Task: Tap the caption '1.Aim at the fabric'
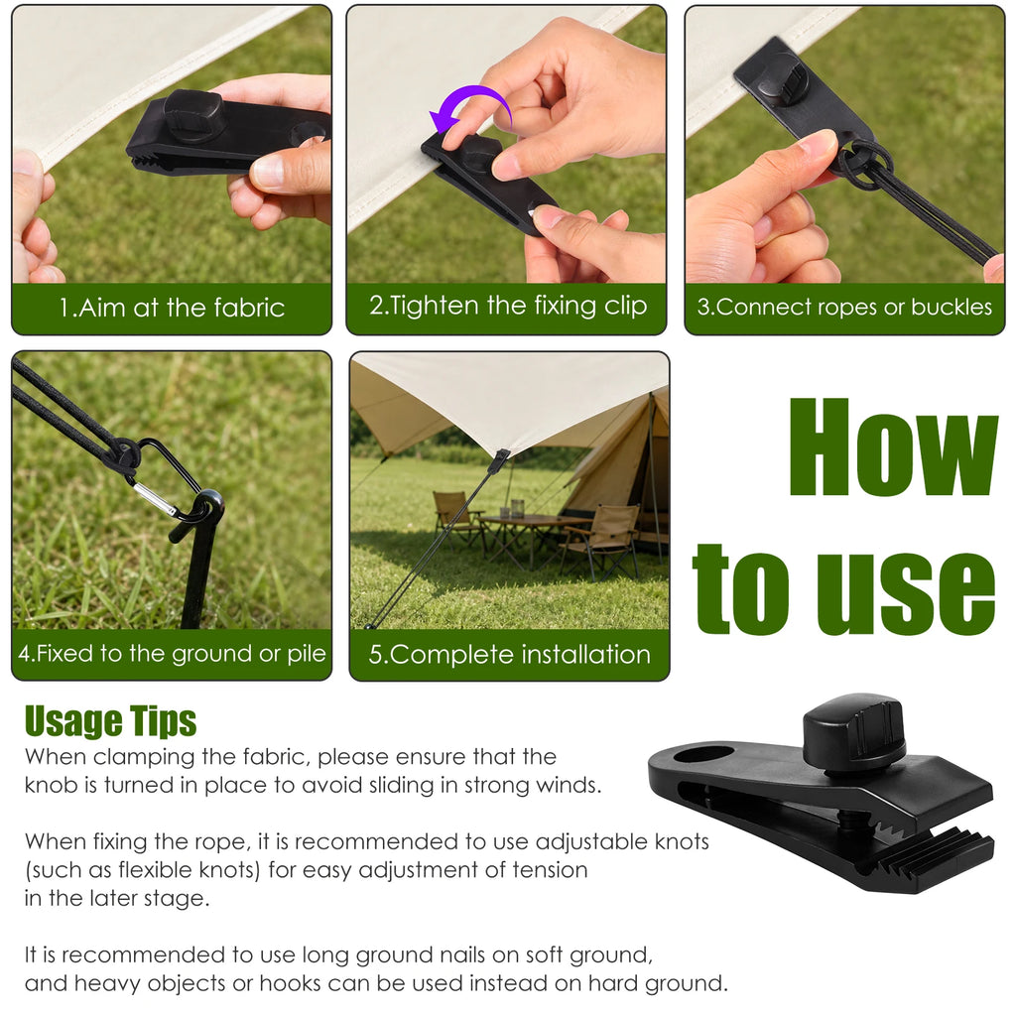point(172,308)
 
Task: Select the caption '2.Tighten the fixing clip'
point(508,306)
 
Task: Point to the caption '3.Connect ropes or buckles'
point(844,307)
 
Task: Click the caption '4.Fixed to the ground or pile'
point(172,653)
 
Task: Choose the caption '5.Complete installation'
point(509,655)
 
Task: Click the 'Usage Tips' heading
point(110,721)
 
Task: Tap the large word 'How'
point(894,447)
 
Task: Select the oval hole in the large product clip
point(703,755)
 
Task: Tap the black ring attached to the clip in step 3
point(865,166)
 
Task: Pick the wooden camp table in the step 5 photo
point(533,533)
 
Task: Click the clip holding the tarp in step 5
point(500,461)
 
